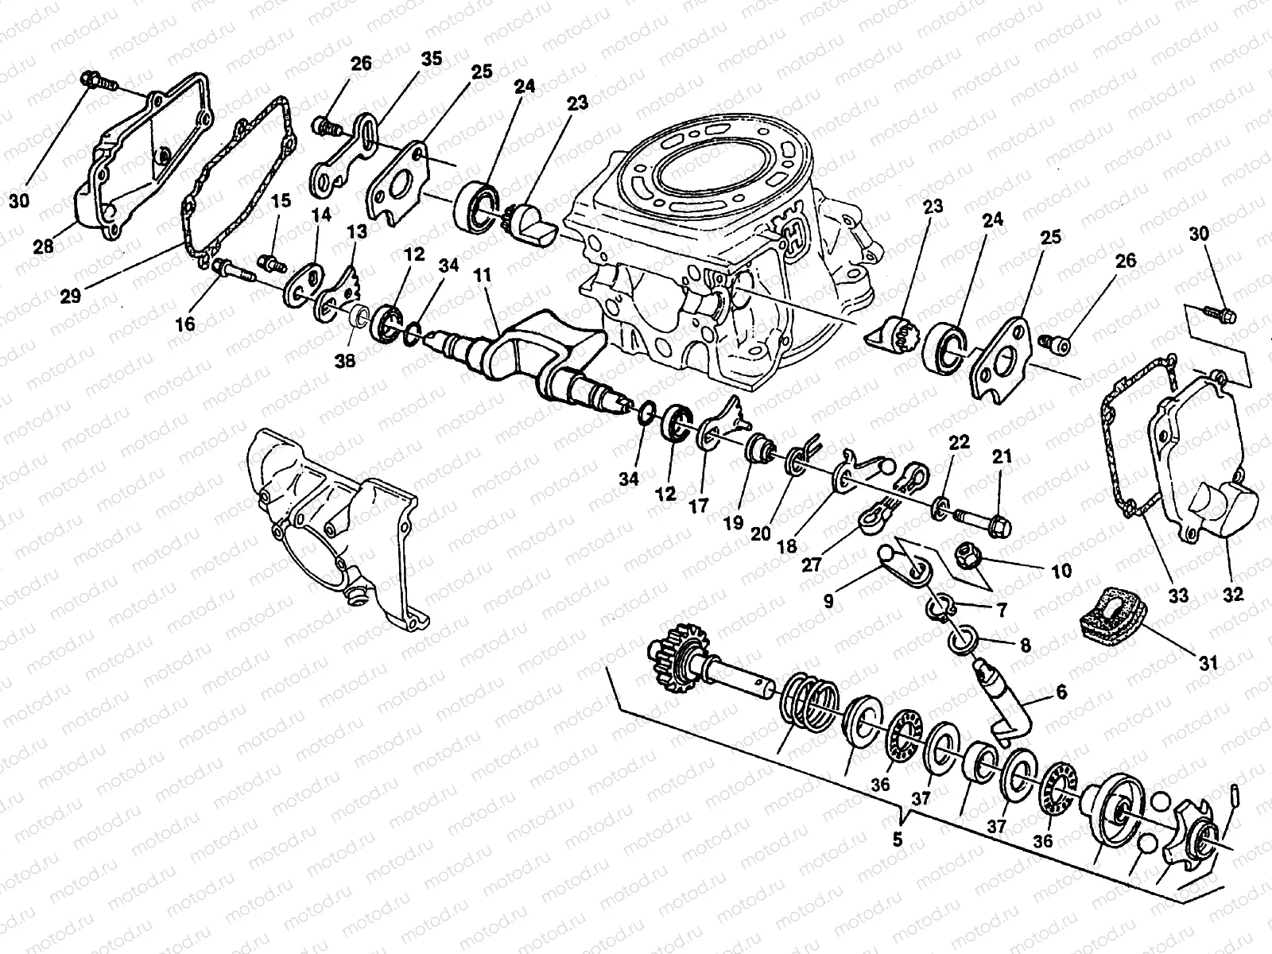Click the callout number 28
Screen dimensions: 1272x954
43,246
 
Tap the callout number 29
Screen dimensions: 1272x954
71,296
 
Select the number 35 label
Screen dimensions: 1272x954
431,59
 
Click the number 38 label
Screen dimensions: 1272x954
345,361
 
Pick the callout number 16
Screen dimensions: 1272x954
185,324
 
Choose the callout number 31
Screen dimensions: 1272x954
1208,663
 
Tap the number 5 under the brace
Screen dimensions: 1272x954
898,840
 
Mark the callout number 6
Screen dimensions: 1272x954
1061,692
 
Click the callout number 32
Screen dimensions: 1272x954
1232,595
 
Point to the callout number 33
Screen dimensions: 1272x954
1178,595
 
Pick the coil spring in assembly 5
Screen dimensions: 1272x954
809,701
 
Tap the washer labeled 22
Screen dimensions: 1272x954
940,507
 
